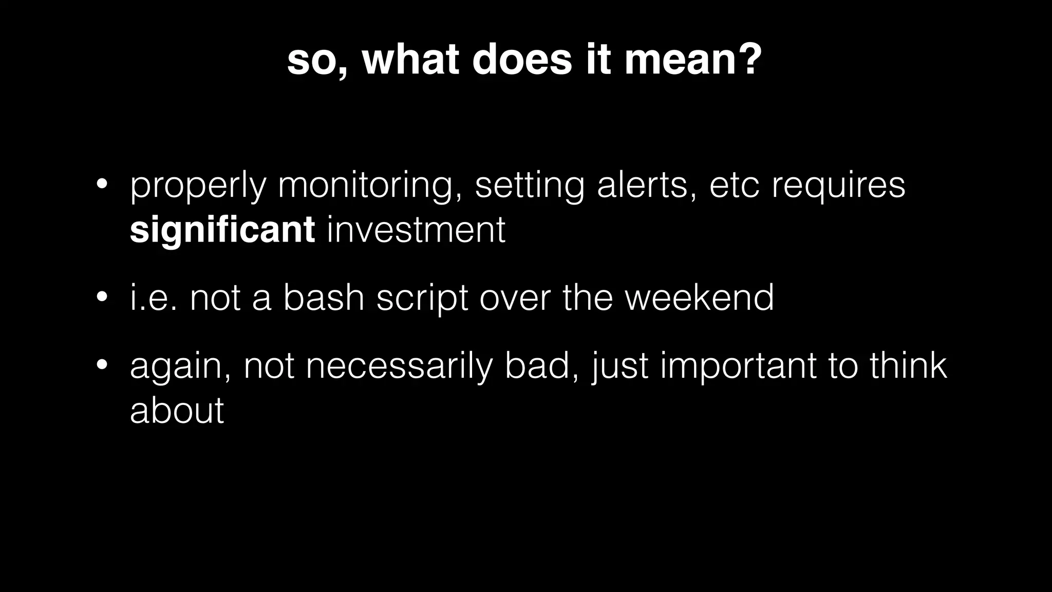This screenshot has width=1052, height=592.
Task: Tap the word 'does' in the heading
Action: [521, 60]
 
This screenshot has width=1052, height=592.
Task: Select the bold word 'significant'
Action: [222, 230]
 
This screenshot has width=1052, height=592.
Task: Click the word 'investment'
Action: [416, 230]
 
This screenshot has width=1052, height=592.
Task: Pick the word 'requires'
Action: [838, 186]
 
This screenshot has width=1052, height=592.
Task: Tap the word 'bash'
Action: [324, 298]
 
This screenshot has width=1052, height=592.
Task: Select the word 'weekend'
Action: [699, 298]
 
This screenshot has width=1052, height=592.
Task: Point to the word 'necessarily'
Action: [399, 367]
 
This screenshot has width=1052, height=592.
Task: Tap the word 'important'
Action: [738, 367]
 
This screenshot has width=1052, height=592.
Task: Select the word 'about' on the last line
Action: [177, 411]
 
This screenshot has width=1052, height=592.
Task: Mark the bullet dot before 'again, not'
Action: [101, 365]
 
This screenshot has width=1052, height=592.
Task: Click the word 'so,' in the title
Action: [316, 61]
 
